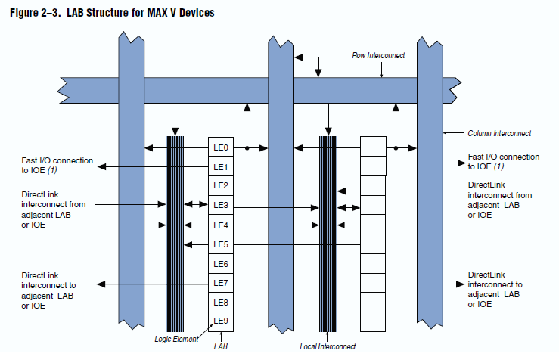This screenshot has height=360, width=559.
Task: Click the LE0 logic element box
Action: coord(221,147)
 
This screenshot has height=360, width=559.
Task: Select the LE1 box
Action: coord(221,166)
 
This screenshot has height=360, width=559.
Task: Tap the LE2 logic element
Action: coord(221,185)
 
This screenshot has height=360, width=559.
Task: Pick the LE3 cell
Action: coord(221,205)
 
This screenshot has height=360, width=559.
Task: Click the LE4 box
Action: coord(221,225)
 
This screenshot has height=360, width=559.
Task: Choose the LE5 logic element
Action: coord(221,244)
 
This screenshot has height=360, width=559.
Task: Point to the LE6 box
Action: coord(221,264)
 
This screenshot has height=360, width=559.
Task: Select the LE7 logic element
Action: coord(221,283)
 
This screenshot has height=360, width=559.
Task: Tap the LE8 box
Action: coord(221,303)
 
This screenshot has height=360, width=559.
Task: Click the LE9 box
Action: coord(221,321)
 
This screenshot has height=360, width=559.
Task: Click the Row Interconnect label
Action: coord(379,55)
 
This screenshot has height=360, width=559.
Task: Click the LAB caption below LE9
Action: coord(220,346)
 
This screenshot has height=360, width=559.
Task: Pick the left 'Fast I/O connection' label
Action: coord(57,166)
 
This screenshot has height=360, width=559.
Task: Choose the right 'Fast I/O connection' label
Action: coord(503,162)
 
